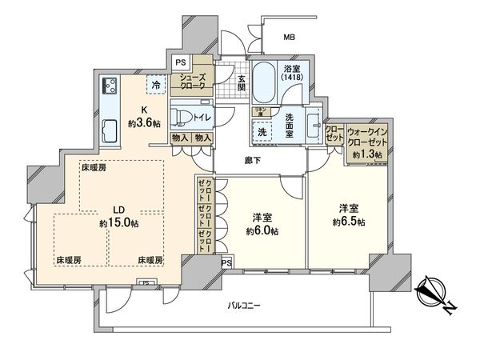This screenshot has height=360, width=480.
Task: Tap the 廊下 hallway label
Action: tap(254, 160)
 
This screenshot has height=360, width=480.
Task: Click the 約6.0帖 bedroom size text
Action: tap(261, 230)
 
